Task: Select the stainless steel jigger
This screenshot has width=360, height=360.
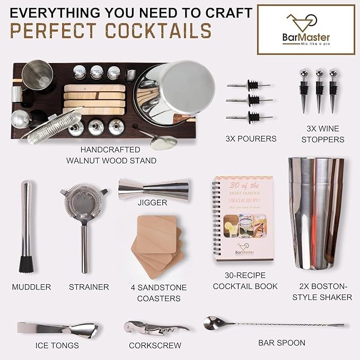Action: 153,186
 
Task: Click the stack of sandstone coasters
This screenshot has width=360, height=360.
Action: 159,241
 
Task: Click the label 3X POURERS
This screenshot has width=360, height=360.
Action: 251,139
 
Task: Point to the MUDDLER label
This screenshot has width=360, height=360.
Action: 31,287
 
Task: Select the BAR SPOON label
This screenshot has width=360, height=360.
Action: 282,343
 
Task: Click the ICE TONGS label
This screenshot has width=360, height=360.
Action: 57,346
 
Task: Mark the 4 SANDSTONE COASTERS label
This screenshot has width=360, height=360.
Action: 159,293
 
